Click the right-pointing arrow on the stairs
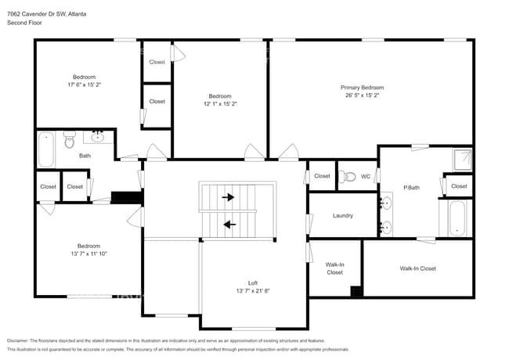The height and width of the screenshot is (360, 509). pyautogui.click(x=229, y=197)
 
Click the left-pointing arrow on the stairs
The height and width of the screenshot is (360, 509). pyautogui.click(x=229, y=225)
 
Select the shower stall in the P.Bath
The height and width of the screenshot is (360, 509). pyautogui.click(x=464, y=160)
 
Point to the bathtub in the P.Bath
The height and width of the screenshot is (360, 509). pyautogui.click(x=457, y=218)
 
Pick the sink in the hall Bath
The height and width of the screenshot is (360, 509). pyautogui.click(x=99, y=138)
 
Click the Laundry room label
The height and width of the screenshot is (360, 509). pyautogui.click(x=342, y=215)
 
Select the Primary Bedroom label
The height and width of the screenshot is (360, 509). pyautogui.click(x=362, y=88)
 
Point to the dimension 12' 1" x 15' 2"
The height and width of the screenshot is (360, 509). pyautogui.click(x=219, y=103)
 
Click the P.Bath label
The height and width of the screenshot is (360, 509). pyautogui.click(x=411, y=187)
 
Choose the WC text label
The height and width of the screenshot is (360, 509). pyautogui.click(x=366, y=176)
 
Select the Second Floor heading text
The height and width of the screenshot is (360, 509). pyautogui.click(x=24, y=23)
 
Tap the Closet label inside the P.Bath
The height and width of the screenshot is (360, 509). pyautogui.click(x=459, y=186)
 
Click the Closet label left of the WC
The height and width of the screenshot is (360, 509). pyautogui.click(x=322, y=176)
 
